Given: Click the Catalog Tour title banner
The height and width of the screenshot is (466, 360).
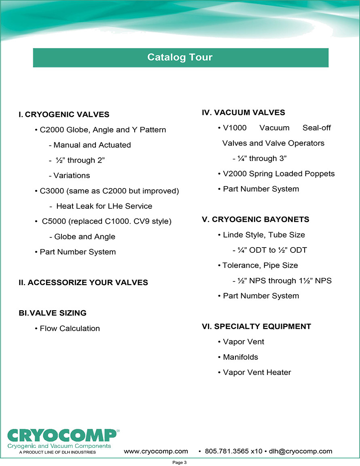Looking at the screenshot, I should (x=180, y=57).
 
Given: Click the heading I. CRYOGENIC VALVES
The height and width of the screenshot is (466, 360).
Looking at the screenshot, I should (x=64, y=114).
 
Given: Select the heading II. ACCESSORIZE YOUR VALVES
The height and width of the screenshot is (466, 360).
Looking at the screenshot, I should (x=83, y=282).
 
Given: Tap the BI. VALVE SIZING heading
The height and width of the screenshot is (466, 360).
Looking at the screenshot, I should (x=53, y=313).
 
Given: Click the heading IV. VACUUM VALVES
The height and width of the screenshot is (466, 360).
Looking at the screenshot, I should (x=244, y=112).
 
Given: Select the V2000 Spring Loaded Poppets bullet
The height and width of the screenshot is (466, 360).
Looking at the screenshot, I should (x=276, y=174).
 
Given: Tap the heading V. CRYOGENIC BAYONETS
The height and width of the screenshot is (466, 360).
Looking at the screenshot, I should (x=256, y=219).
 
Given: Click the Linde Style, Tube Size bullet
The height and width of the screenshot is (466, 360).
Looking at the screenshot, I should (x=261, y=235).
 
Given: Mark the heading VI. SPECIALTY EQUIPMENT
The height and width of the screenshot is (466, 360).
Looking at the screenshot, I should (x=256, y=326).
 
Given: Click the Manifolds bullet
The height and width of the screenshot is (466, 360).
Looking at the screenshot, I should (x=238, y=357).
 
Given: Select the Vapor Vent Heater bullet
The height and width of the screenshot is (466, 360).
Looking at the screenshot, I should (x=254, y=372).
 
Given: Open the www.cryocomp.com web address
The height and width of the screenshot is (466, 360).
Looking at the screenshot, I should (x=156, y=451).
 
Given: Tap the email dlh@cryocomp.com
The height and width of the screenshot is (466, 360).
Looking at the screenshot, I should (x=301, y=451).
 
